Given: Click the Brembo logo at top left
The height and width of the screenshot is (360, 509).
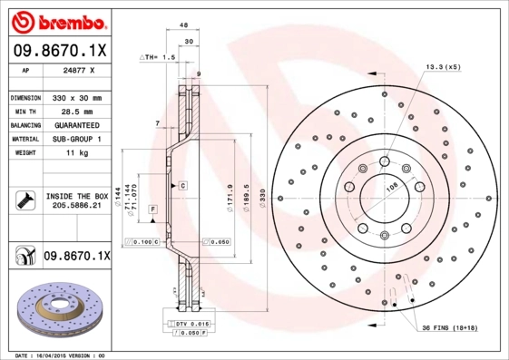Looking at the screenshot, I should coord(60,20).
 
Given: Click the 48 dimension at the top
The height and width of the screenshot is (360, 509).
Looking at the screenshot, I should coord(183,25).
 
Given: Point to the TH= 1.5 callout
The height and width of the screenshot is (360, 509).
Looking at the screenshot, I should coord(157,56).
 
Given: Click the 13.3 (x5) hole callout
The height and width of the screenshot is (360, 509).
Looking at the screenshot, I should coord(443,66).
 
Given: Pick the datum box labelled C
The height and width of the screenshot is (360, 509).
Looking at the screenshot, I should coord(182,185).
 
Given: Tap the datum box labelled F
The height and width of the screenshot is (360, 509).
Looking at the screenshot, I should coord(152,209).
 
